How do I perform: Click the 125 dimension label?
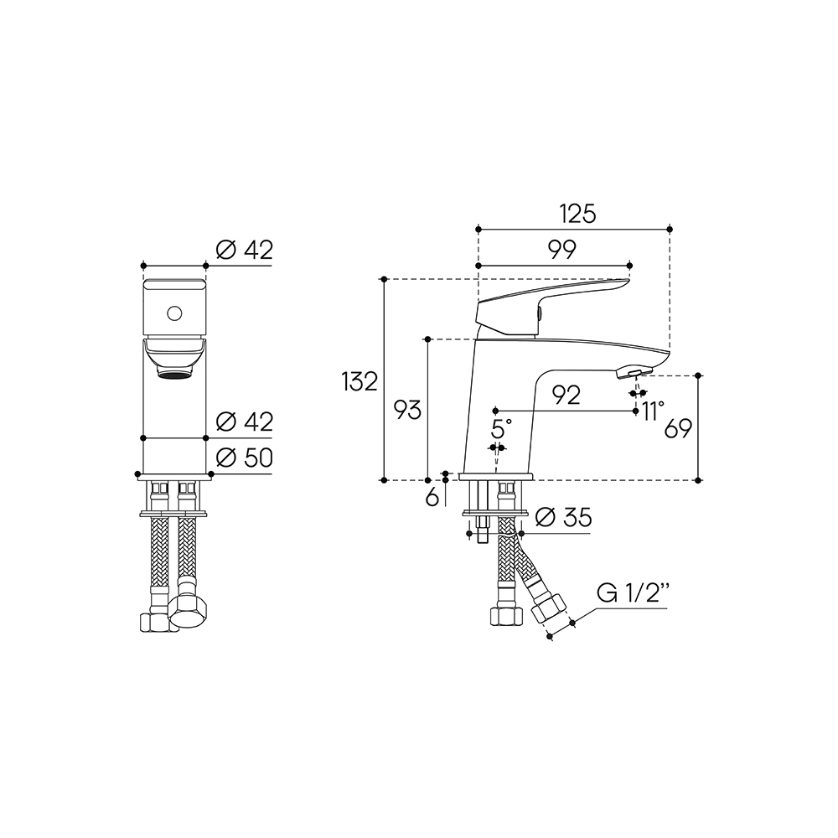tap(577, 214)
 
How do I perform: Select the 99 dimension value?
tap(562, 250)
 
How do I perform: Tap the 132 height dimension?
tap(360, 381)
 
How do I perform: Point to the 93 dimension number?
tap(407, 410)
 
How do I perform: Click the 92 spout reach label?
tap(566, 395)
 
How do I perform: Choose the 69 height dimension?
tap(678, 428)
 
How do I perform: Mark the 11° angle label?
tap(653, 411)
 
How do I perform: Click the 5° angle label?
tap(501, 428)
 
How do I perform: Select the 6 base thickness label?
tap(432, 498)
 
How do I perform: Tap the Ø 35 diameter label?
tap(563, 517)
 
